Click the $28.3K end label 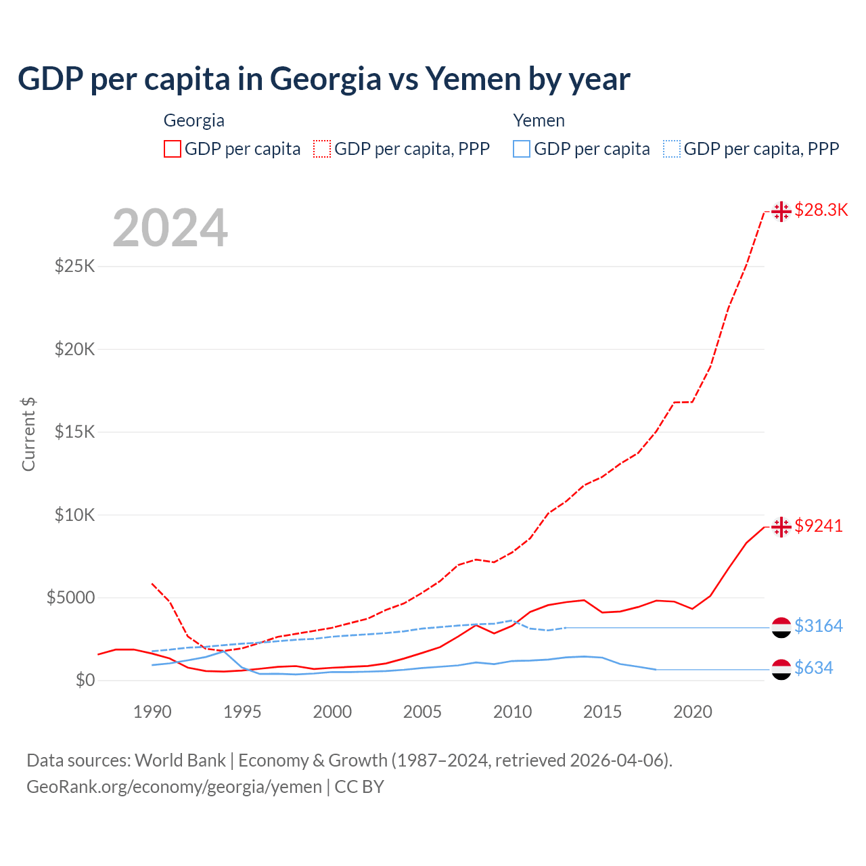pyautogui.click(x=821, y=210)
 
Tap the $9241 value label pyautogui.click(x=819, y=526)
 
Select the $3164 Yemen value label pyautogui.click(x=818, y=626)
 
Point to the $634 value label pyautogui.click(x=813, y=668)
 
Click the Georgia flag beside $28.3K pyautogui.click(x=781, y=211)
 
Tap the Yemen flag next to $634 pyautogui.click(x=781, y=669)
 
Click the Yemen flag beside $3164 pyautogui.click(x=781, y=627)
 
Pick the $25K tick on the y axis pyautogui.click(x=74, y=266)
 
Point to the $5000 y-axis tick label pyautogui.click(x=70, y=597)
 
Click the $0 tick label pyautogui.click(x=85, y=680)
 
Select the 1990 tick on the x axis pyautogui.click(x=152, y=712)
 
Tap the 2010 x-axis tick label pyautogui.click(x=512, y=712)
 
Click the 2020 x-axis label pyautogui.click(x=693, y=712)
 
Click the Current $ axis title pyautogui.click(x=28, y=434)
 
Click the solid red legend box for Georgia pyautogui.click(x=173, y=149)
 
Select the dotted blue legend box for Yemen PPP pyautogui.click(x=672, y=149)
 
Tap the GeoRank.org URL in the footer pyautogui.click(x=174, y=787)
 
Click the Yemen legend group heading pyautogui.click(x=539, y=120)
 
